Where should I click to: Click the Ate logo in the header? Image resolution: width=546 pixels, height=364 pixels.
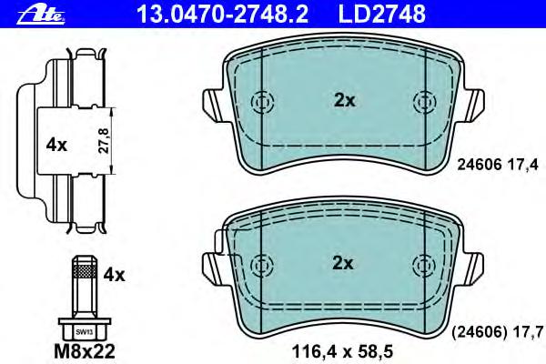(x=41, y=15)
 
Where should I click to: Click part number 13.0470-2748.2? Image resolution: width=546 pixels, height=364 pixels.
(x=223, y=14)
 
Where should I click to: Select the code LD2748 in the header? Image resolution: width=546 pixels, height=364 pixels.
(x=382, y=14)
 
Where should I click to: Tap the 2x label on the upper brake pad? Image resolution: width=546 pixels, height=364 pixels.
(x=344, y=100)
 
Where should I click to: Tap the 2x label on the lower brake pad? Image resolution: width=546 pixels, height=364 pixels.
(x=343, y=263)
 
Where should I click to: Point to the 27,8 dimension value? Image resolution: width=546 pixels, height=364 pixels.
(x=104, y=140)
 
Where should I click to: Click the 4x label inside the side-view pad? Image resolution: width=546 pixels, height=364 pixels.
(x=56, y=145)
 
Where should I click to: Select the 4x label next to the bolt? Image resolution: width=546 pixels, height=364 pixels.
(x=114, y=275)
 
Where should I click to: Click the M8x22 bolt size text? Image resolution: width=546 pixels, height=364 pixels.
(x=85, y=352)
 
